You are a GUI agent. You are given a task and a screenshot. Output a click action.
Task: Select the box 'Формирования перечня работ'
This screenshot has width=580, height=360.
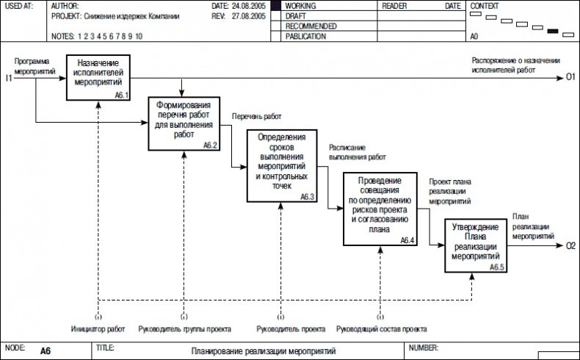[184, 124]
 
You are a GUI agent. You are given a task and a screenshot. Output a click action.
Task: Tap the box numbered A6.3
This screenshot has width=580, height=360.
[282, 166]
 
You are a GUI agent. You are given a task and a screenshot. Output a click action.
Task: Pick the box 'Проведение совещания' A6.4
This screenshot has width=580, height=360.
[380, 209]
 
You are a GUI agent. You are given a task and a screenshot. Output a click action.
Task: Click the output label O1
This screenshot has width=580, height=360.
[570, 77]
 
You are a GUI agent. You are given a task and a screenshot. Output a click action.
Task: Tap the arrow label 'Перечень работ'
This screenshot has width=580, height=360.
[257, 116]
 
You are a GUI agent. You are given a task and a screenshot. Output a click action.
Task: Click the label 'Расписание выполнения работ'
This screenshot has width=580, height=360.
[358, 152]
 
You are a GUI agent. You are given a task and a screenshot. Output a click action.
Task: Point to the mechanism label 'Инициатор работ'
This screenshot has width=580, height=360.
[98, 328]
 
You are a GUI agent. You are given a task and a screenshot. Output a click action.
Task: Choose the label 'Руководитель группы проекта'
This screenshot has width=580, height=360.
[184, 328]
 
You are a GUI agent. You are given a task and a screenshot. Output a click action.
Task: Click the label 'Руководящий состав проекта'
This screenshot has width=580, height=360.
[382, 328]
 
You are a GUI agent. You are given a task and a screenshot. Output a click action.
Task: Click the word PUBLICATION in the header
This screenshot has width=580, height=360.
[308, 35]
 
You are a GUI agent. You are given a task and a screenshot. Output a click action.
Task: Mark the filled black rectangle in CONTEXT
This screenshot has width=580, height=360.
[553, 32]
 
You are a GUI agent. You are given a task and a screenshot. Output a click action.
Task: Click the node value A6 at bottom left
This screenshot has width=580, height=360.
[46, 351]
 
